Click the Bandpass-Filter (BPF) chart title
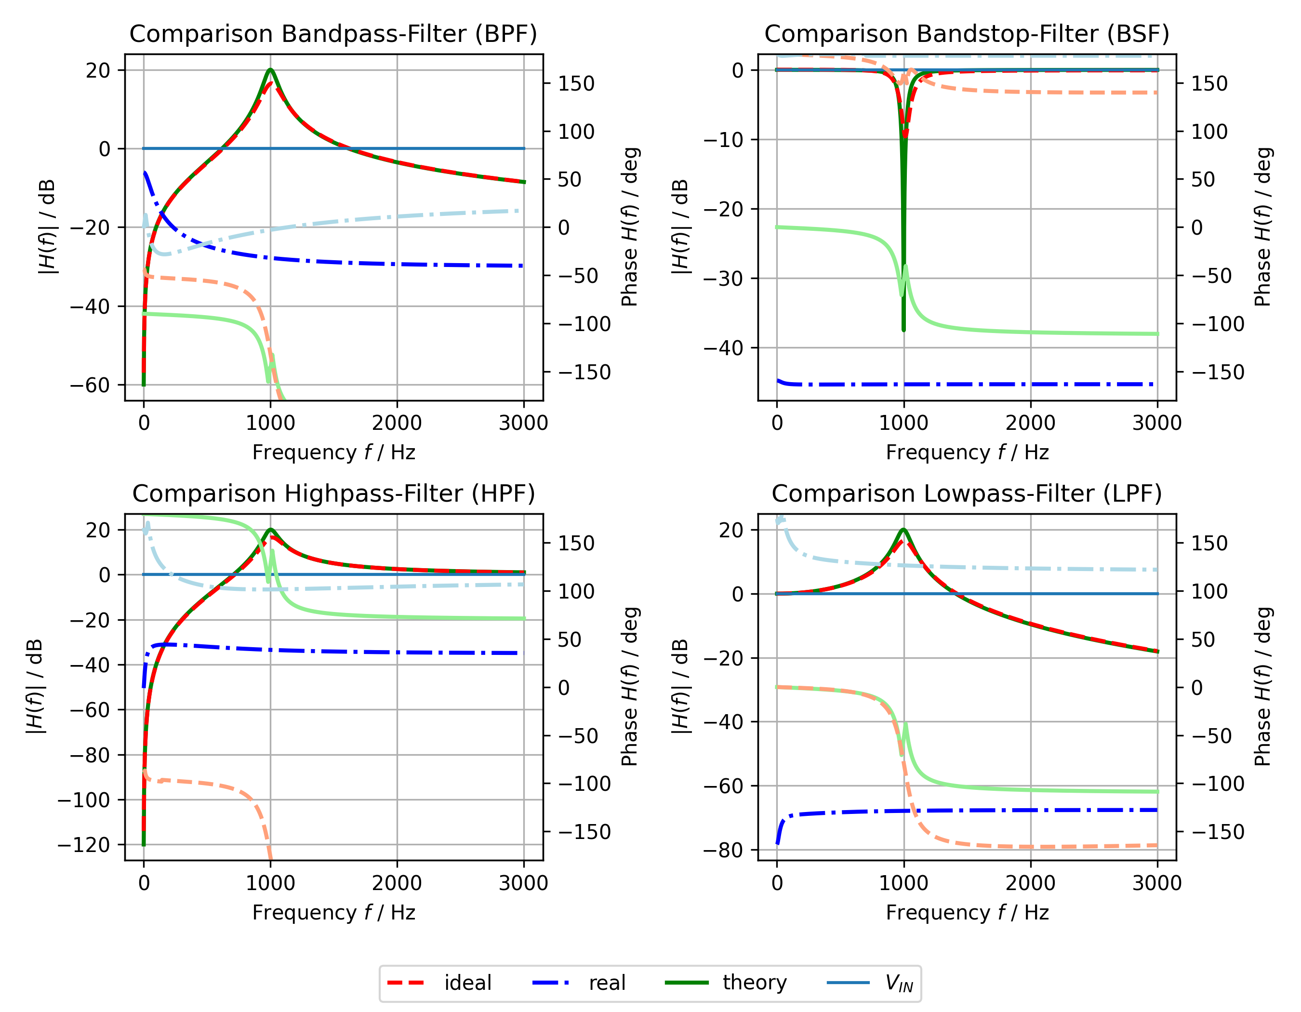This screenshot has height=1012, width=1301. click(x=333, y=34)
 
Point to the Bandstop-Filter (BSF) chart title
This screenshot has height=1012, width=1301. click(x=966, y=34)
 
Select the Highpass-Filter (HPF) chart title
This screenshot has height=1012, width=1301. click(x=333, y=494)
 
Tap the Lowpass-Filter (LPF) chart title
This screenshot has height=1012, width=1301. click(x=966, y=494)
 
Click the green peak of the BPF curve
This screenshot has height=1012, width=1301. click(x=270, y=70)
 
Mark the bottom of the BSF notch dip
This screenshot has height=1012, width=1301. click(x=903, y=330)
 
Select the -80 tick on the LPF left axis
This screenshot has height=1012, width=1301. click(x=723, y=850)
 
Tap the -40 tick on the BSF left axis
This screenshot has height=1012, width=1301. click(x=723, y=347)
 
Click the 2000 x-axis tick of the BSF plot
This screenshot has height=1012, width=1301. click(x=1030, y=423)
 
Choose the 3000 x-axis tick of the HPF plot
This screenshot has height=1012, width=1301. click(x=524, y=883)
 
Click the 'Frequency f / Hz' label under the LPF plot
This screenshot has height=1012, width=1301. click(x=967, y=913)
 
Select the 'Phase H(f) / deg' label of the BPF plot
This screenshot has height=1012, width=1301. click(x=630, y=227)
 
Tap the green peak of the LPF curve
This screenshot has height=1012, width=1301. click(x=903, y=530)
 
